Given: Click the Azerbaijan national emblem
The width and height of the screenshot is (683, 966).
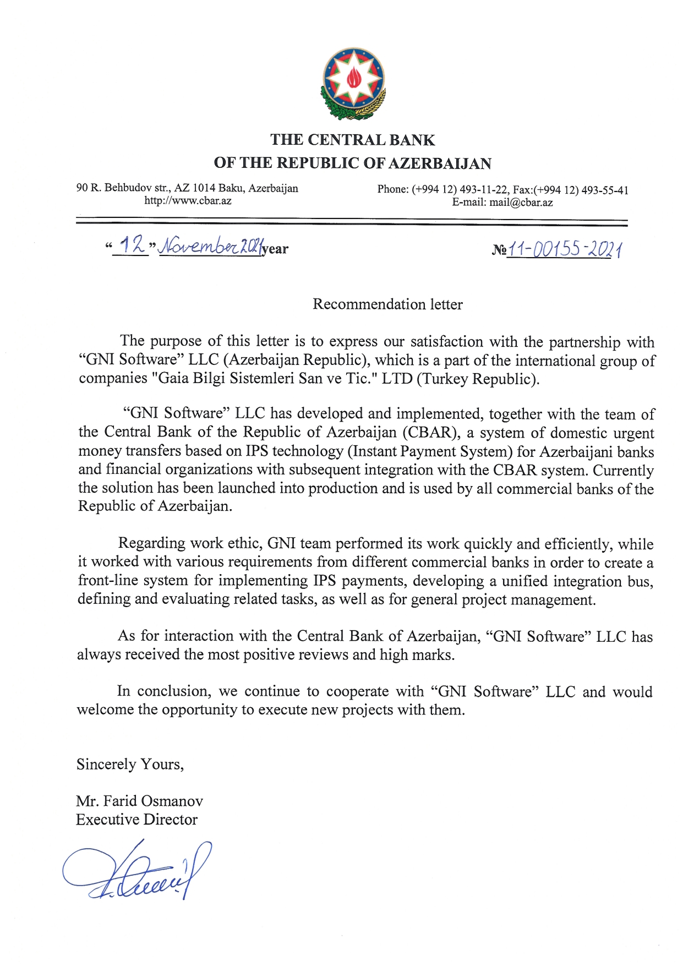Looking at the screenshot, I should pos(353,84).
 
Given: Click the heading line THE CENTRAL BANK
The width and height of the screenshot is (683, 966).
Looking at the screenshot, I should pos(352,140).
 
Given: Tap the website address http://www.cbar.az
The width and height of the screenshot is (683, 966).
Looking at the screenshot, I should pos(188,200).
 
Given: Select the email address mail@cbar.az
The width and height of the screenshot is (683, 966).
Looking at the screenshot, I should pos(521,202).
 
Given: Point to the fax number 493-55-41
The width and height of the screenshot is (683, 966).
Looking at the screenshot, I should pos(605,190).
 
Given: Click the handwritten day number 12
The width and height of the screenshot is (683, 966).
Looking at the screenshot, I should pos(132,245).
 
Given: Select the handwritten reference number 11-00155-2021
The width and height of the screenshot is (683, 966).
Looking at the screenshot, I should pos(565,250).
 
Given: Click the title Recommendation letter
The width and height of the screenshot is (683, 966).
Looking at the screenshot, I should pos(387,304).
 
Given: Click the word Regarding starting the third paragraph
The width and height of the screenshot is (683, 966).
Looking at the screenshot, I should pos(151,543).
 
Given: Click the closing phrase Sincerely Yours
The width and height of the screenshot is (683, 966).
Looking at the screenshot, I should pos(130,764).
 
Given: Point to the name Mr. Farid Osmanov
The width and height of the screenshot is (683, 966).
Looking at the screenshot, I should pos(140,800).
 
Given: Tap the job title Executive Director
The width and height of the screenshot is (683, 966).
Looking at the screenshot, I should pos(136,819).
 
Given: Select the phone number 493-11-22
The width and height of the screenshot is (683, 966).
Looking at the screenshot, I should pos(483,189).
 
